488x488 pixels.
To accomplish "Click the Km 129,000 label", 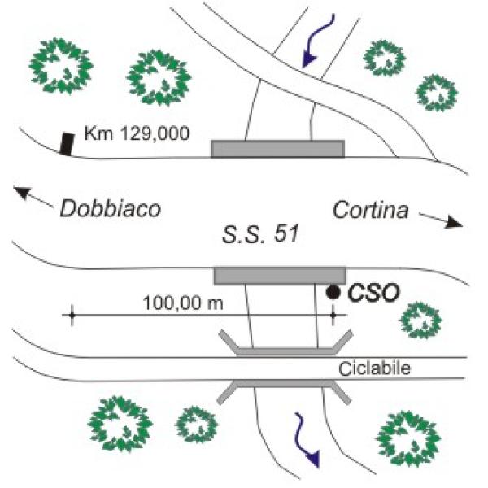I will point(137,132).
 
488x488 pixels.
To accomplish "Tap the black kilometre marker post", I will point(66,142).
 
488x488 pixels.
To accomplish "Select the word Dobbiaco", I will point(111,209).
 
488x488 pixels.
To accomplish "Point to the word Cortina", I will point(370,210).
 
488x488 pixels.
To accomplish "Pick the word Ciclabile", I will point(373,368).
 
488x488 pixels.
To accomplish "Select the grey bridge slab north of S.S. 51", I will point(277,148).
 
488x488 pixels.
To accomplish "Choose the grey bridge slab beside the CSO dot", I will point(280,275).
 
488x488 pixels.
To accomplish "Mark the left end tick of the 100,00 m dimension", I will point(72,315).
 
